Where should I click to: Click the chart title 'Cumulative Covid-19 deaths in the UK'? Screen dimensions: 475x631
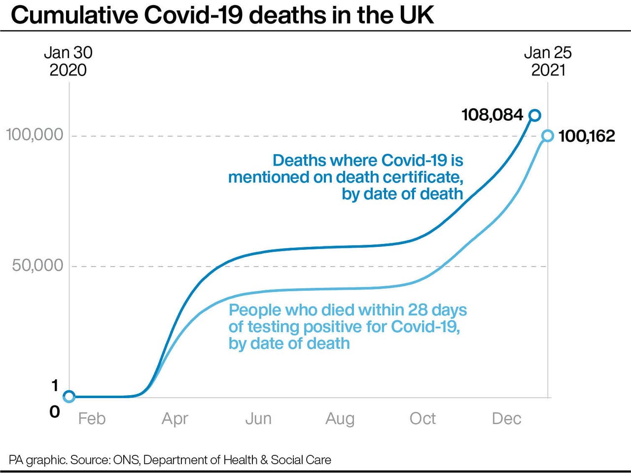(x=222, y=15)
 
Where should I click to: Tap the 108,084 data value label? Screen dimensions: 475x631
(x=492, y=115)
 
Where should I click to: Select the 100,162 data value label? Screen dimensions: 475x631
(x=587, y=136)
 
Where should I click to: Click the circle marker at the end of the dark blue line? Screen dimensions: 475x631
(x=534, y=115)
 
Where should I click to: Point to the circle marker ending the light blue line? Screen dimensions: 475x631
(x=547, y=136)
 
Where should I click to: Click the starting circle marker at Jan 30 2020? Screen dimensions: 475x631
(x=69, y=396)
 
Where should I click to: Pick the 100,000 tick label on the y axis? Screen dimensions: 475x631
(x=35, y=135)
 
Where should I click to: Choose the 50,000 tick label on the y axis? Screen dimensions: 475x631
(x=37, y=266)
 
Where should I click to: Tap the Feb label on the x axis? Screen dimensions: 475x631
(x=92, y=419)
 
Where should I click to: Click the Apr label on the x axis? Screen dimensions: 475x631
(x=175, y=419)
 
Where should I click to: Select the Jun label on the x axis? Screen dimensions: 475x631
(x=258, y=419)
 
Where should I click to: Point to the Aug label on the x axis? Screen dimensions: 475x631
(x=340, y=419)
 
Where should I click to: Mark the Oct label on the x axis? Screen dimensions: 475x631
(x=422, y=419)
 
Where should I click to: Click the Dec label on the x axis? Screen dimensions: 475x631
(x=506, y=419)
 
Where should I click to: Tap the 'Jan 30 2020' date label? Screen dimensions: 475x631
(x=68, y=61)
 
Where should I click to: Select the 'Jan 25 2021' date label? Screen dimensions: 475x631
(x=548, y=61)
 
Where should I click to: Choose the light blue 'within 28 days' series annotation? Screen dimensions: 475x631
(x=347, y=327)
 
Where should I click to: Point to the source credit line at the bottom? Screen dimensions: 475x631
(x=170, y=460)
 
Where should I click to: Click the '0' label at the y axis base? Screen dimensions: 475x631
(x=55, y=411)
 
